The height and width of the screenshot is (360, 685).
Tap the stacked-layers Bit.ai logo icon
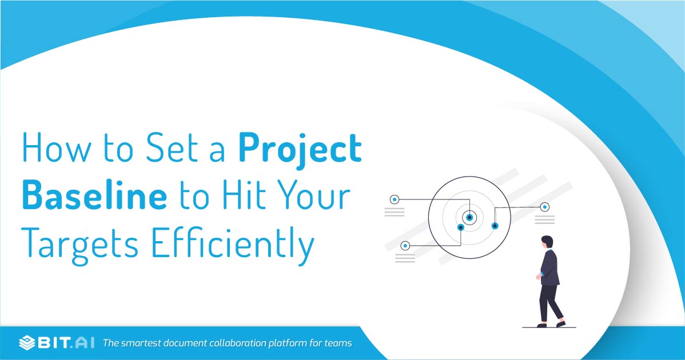pyautogui.click(x=27, y=343)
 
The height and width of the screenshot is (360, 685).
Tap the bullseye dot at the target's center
pyautogui.click(x=470, y=217)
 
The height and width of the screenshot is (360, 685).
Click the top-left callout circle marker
pyautogui.click(x=394, y=199)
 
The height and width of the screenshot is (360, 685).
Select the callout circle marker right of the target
pyautogui.click(x=545, y=207)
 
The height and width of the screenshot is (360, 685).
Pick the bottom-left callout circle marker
pyautogui.click(x=405, y=246)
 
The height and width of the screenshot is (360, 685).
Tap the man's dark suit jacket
pyautogui.click(x=549, y=267)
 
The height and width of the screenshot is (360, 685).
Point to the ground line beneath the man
pyautogui.click(x=549, y=327)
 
